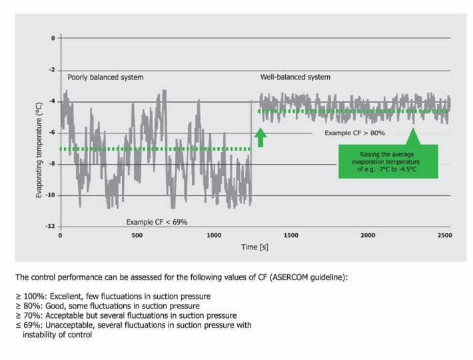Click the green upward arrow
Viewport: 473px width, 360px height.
(260, 137)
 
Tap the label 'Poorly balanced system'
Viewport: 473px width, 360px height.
(105, 77)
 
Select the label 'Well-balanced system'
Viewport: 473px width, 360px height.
(294, 77)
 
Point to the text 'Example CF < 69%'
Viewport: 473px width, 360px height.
(157, 221)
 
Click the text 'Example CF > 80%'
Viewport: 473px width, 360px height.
(355, 133)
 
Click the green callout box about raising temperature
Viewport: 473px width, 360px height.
(388, 161)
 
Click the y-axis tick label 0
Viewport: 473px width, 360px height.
(52, 38)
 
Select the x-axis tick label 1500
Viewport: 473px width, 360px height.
(291, 236)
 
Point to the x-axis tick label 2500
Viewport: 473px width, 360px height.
(444, 236)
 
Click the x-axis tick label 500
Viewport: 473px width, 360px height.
(137, 236)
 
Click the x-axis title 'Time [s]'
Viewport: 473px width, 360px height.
(254, 247)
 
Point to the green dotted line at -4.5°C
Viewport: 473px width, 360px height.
(353, 111)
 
